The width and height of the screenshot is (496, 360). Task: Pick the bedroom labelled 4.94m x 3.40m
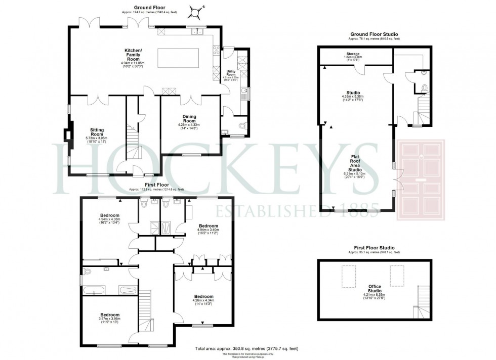[x=208, y=228]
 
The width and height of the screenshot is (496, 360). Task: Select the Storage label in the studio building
[x=353, y=55]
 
